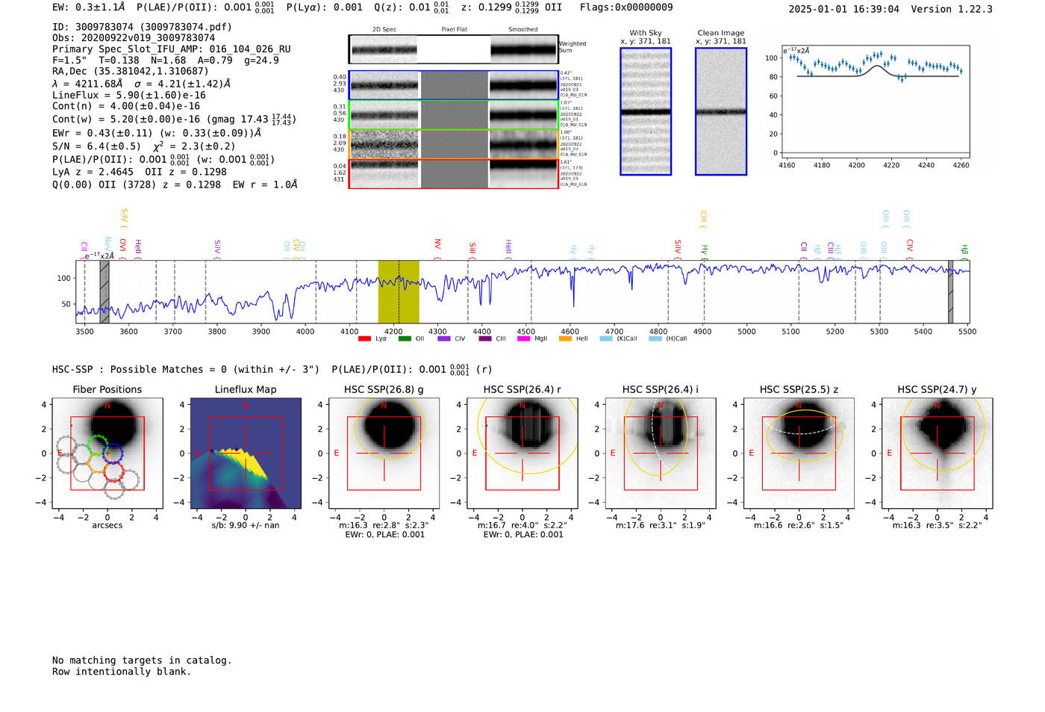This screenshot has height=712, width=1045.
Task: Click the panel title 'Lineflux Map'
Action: pyautogui.click(x=245, y=389)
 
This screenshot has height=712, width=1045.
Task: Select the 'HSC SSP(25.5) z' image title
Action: pyautogui.click(x=799, y=389)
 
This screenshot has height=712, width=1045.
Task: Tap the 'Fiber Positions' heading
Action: pyautogui.click(x=107, y=389)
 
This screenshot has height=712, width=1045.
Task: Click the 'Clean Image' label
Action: pyautogui.click(x=720, y=33)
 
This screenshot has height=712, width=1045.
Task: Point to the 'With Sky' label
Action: pyautogui.click(x=645, y=33)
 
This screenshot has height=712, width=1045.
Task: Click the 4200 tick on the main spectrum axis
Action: pyautogui.click(x=393, y=331)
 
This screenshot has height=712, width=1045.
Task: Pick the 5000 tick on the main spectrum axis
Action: pyautogui.click(x=746, y=331)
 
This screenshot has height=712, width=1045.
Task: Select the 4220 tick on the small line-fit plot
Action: pyautogui.click(x=891, y=165)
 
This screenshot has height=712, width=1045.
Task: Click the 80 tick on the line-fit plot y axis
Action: pyautogui.click(x=772, y=77)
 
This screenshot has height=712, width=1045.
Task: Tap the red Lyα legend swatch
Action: pyautogui.click(x=364, y=339)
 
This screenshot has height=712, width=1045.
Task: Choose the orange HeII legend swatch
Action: pyautogui.click(x=565, y=339)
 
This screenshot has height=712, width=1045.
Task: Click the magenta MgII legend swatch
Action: pyautogui.click(x=523, y=339)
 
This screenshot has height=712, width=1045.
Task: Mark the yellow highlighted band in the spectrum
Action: pyautogui.click(x=399, y=291)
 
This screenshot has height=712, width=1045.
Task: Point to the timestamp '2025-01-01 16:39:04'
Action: pyautogui.click(x=843, y=9)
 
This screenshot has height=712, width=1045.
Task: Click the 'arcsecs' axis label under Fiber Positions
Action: pyautogui.click(x=107, y=525)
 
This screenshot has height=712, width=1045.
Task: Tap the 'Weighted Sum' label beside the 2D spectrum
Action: pyautogui.click(x=572, y=47)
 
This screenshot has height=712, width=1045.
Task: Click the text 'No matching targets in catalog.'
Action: pyautogui.click(x=142, y=660)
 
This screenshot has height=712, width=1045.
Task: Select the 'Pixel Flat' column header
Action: pyautogui.click(x=454, y=30)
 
